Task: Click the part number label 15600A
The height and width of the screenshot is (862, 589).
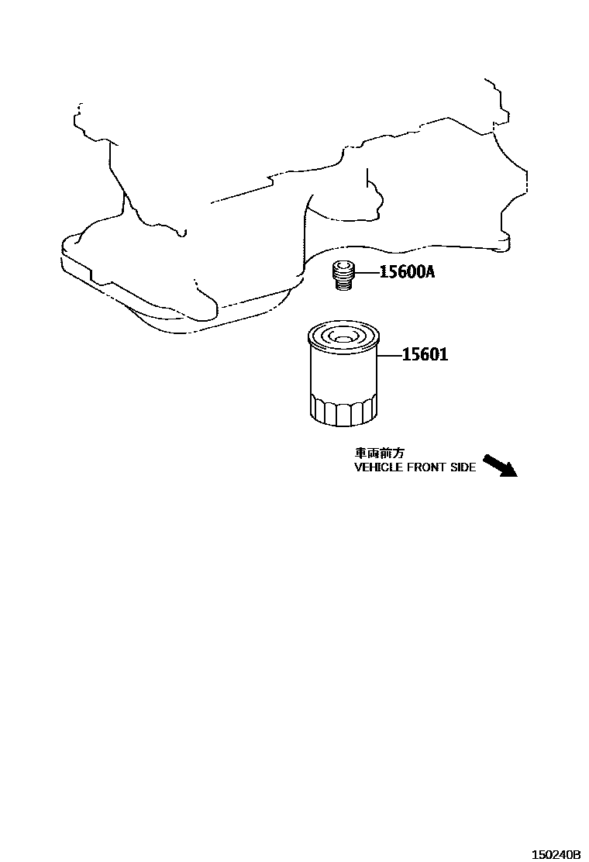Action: (x=406, y=272)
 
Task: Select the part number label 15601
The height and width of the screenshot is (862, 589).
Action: (x=425, y=355)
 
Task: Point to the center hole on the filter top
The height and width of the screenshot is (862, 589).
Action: (x=342, y=336)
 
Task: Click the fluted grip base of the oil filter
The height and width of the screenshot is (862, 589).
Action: (x=342, y=409)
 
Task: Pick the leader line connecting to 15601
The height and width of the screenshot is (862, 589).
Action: (x=389, y=356)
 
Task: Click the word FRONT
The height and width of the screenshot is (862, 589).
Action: (x=427, y=468)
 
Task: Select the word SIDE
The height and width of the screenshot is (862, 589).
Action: (x=463, y=468)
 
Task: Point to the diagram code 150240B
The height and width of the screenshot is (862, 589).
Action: (x=555, y=854)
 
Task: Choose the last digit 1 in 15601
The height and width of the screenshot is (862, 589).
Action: (x=444, y=355)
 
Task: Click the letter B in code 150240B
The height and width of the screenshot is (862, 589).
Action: (x=577, y=854)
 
